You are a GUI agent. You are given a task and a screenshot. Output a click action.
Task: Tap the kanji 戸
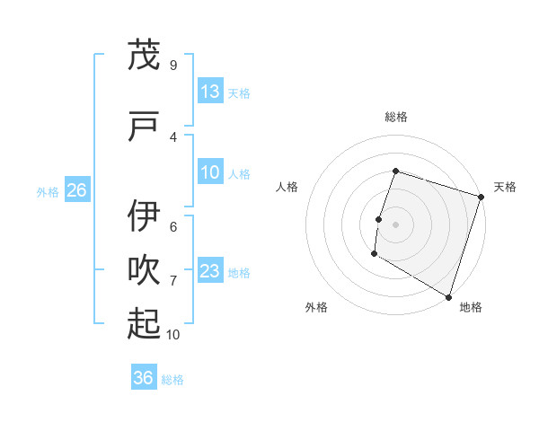point(144,127)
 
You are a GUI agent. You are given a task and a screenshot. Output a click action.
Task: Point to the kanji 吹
point(144,271)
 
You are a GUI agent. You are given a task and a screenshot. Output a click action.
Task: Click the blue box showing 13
point(209,92)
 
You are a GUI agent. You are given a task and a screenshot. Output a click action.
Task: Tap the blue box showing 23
point(209,271)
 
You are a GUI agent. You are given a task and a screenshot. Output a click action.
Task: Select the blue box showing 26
point(76,190)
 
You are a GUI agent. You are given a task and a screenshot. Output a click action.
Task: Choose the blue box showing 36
point(143,378)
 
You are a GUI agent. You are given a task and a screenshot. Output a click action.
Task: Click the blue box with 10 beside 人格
point(209,172)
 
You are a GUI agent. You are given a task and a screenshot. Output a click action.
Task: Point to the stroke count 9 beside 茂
point(173,66)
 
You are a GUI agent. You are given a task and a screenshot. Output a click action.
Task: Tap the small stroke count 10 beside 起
point(173,335)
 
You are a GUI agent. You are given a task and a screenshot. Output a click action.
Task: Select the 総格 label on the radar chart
point(395,117)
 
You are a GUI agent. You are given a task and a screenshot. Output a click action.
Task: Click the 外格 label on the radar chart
point(316,307)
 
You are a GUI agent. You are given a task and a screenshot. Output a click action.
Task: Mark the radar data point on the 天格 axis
point(482,198)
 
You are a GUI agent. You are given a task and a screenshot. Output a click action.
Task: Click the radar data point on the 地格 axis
point(447,296)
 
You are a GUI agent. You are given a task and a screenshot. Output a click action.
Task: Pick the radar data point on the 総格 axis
point(395,171)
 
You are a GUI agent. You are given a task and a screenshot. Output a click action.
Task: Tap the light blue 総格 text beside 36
point(172,379)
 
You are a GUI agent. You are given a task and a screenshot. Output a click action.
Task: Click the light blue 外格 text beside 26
point(48,191)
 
